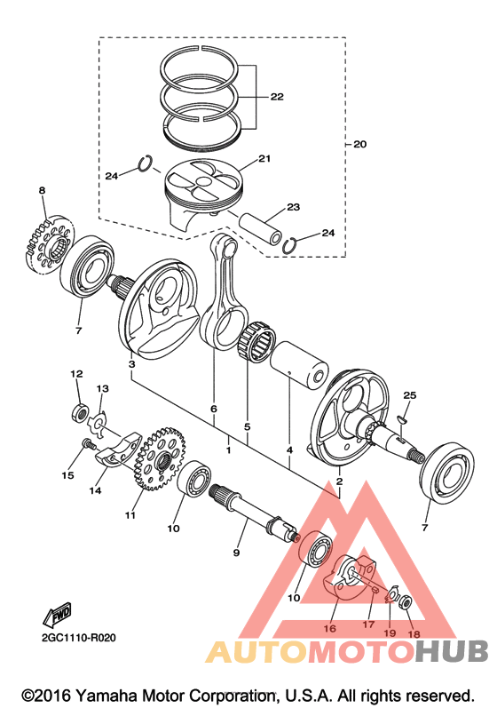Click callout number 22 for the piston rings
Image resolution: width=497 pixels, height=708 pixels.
277,97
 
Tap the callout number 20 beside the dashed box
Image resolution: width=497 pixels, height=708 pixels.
360,145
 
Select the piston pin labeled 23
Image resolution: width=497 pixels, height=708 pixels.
261,228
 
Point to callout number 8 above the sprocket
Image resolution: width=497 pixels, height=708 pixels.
42,190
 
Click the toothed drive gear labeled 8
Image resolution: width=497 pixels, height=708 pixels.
49,245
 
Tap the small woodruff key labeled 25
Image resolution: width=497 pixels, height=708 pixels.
403,420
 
